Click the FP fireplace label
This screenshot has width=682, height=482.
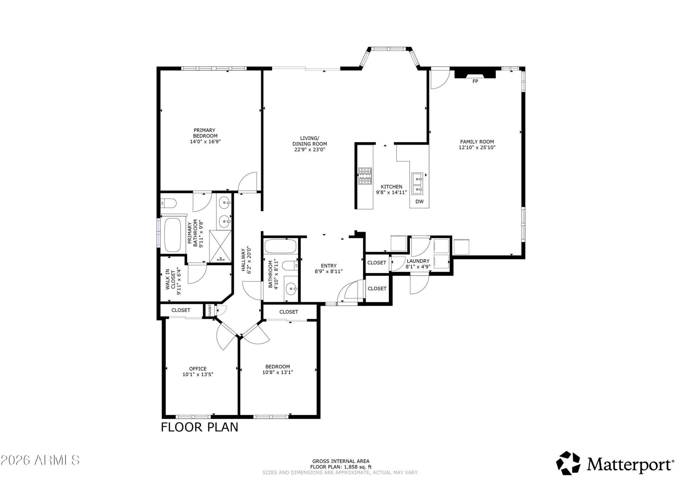coord(475,81)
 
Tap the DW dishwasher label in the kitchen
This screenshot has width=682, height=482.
coord(420,201)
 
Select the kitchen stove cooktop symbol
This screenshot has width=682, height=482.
coord(365,176)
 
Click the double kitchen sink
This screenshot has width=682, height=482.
coord(418,184)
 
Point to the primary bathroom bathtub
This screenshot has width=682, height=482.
coord(173,234)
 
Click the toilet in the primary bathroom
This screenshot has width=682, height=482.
coord(168,204)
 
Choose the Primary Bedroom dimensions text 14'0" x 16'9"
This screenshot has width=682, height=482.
coord(205,142)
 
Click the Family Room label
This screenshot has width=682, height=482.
coord(477,142)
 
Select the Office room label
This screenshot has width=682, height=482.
coord(198,369)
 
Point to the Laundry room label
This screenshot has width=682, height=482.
coord(418,261)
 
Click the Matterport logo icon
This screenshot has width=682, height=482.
coord(568,463)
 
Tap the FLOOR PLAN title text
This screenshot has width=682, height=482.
coord(200,427)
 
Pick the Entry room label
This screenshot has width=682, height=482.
coord(329,266)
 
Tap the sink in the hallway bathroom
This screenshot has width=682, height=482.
coord(291,289)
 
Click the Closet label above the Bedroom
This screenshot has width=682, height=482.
coord(289,312)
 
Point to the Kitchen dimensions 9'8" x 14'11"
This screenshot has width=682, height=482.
coord(391,193)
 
